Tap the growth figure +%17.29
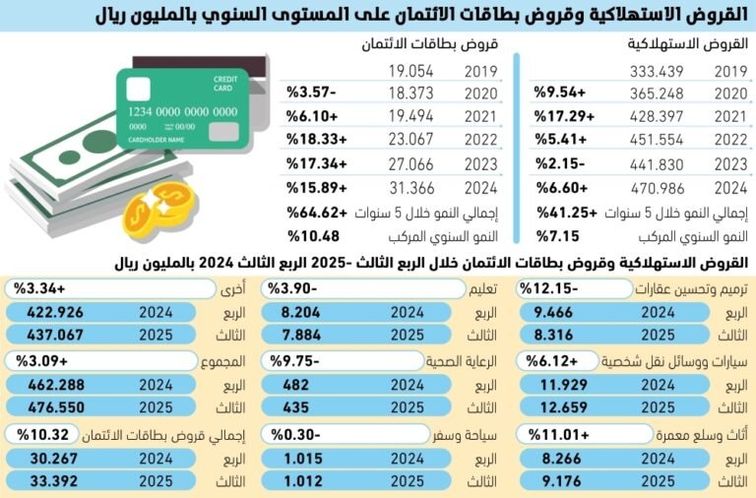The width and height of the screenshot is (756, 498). [561, 115]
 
